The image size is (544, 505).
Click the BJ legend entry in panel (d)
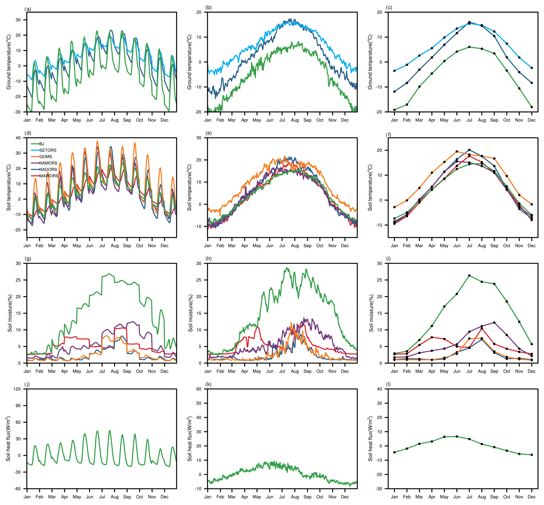point(42,144)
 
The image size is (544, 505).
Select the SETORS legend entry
point(48,150)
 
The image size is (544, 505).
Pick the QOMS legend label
point(45,156)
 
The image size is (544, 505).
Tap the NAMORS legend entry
point(48,163)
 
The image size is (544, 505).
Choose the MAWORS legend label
point(49,176)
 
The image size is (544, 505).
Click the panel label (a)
point(28,9)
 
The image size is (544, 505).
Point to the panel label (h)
point(208,259)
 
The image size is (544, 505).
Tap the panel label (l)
point(389,384)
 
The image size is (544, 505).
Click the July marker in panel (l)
point(469,439)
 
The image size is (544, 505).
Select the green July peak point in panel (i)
point(469,276)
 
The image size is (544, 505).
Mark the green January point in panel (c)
point(394,110)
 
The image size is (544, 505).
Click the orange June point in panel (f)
point(457,151)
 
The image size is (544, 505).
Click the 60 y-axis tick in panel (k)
point(199,389)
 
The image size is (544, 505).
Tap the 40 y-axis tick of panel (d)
point(18,138)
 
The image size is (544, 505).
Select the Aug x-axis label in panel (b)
point(295,120)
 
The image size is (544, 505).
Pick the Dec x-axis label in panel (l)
point(532,497)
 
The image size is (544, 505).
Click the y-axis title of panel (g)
point(10,313)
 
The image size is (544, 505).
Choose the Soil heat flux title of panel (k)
point(190,438)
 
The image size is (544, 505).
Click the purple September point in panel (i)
point(494,323)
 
